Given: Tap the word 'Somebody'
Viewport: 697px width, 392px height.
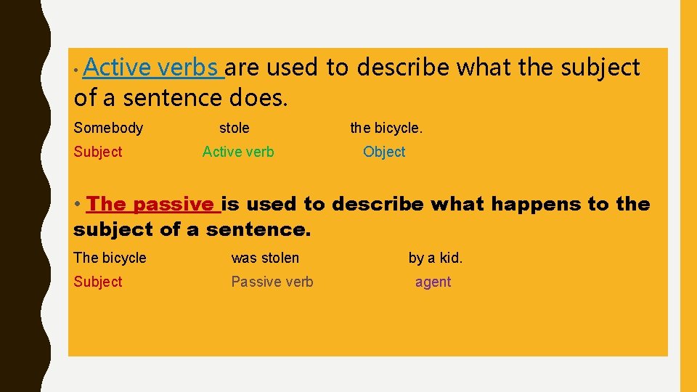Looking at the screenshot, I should point(108,128).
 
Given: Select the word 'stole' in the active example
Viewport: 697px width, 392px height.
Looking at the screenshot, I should point(234,128).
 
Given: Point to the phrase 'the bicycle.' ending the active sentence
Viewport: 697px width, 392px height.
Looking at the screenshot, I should point(386,128).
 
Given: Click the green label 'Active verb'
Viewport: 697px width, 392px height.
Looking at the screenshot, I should point(238,152).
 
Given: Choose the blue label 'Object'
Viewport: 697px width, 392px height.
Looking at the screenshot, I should point(384,152).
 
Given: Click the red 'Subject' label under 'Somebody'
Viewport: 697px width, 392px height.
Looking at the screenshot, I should point(98,152).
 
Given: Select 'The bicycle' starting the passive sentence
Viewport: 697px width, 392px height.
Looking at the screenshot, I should point(110,258).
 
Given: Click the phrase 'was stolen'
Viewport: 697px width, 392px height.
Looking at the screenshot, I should point(265,258).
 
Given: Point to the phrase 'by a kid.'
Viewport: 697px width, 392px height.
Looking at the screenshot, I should point(436,258).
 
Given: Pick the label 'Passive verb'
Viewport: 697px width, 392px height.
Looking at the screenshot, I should point(272,282).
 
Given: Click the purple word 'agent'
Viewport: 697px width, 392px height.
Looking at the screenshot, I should point(433,282).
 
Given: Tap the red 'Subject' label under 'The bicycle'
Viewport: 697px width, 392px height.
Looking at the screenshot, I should point(98,282).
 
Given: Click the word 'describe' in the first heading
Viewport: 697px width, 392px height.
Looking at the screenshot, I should point(403,68).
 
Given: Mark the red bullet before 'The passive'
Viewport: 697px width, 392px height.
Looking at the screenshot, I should point(78,205).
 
